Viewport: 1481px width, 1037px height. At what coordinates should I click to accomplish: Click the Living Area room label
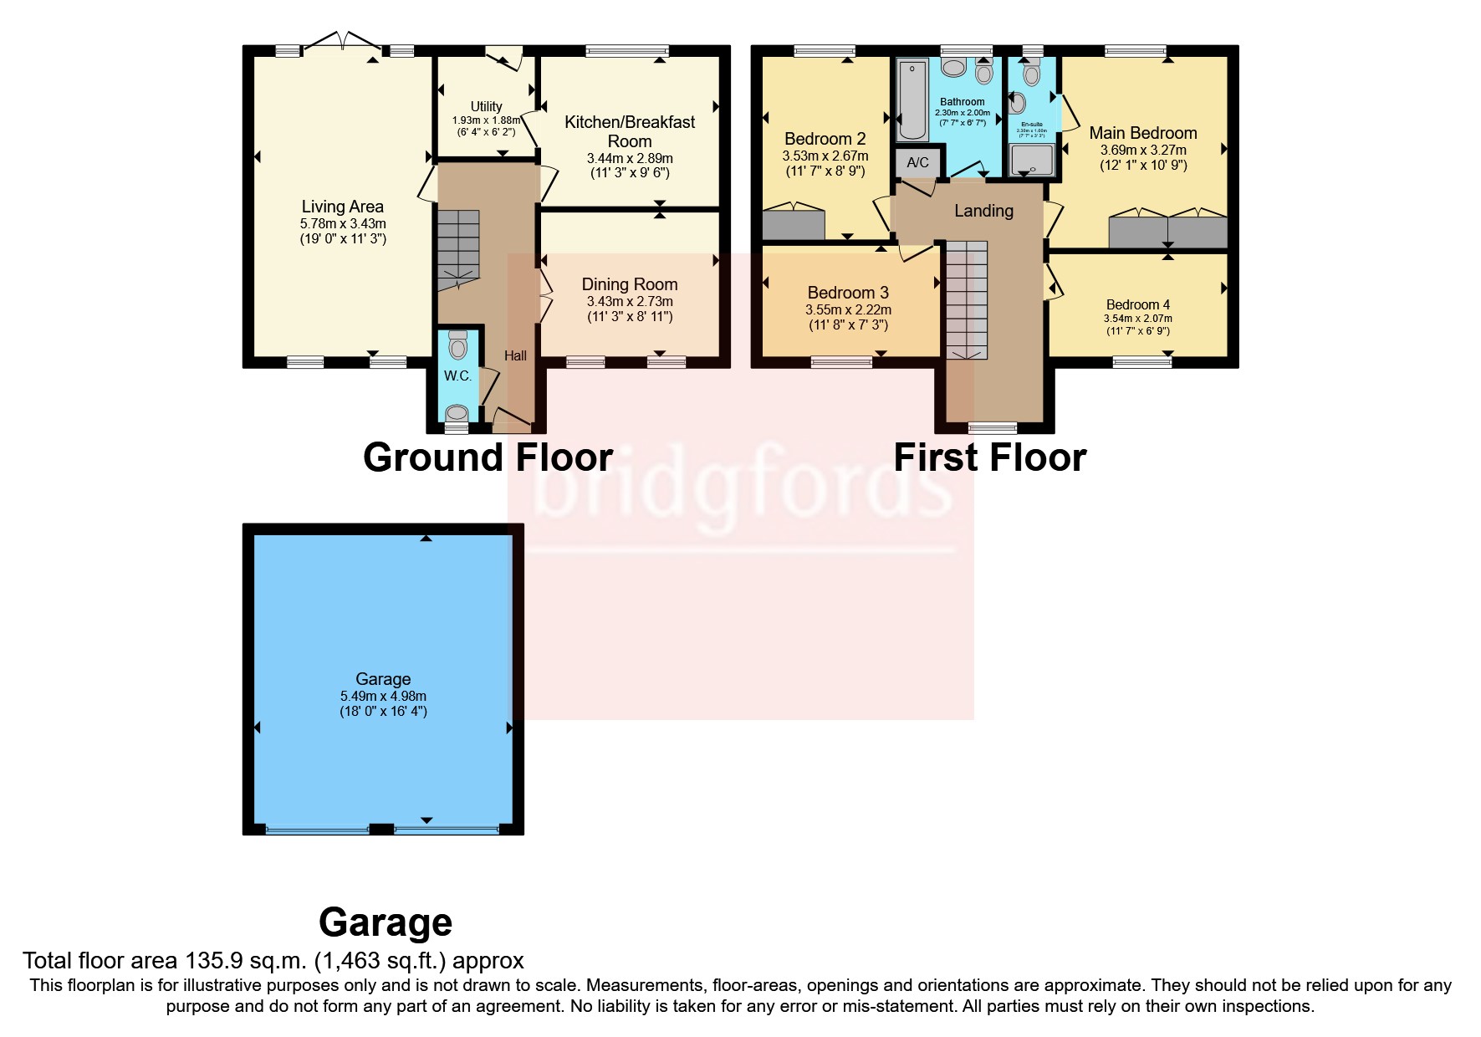coord(342,207)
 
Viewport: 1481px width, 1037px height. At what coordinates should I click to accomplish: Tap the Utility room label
coord(486,106)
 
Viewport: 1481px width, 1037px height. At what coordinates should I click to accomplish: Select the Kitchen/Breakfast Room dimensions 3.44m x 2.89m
coord(630,158)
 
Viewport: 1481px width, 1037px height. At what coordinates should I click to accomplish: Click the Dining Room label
coord(630,284)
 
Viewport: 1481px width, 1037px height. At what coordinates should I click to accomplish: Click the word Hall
coord(515,355)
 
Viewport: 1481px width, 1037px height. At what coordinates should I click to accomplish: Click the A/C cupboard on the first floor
coord(917,162)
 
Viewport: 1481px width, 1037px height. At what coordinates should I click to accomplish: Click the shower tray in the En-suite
coord(1031,160)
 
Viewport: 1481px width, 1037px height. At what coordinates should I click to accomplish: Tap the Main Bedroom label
coord(1142,133)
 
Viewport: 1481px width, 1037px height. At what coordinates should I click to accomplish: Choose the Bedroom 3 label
coord(848,293)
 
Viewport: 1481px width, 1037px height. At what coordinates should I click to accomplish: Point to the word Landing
coord(983,211)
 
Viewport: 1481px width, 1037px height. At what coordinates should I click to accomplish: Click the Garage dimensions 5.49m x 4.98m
coord(383,696)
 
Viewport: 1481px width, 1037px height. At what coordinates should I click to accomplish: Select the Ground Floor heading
coord(488,457)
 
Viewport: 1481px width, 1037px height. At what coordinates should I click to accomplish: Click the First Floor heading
coord(989,457)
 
